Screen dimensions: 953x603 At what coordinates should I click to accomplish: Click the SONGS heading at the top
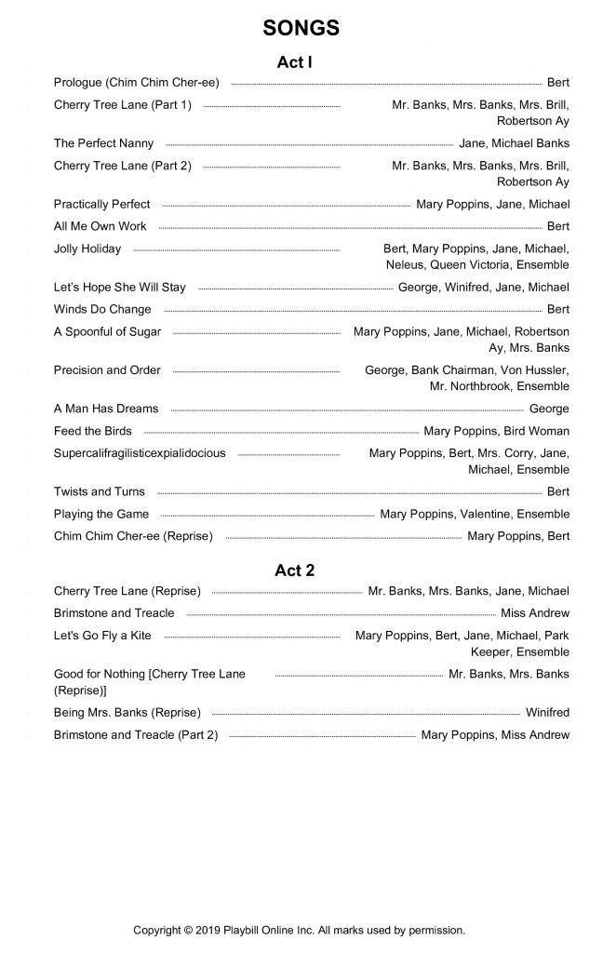[x=301, y=29]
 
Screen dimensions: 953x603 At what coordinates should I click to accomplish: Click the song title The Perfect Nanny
[x=103, y=143]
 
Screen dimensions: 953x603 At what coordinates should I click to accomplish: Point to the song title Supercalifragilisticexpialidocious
[x=140, y=453]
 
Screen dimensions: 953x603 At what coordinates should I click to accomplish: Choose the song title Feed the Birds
[x=93, y=431]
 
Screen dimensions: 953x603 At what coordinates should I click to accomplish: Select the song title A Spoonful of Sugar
[x=107, y=331]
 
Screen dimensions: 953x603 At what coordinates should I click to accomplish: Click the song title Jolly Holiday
[x=87, y=248]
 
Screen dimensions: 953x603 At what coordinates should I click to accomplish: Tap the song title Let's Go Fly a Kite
[x=102, y=636]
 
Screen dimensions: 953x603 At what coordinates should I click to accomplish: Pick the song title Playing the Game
[x=101, y=514]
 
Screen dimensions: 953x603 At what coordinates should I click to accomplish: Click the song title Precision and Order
[x=107, y=369]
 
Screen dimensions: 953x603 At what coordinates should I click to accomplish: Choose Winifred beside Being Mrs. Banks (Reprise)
[x=547, y=713]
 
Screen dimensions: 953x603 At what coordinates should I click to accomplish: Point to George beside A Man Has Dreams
[x=549, y=409]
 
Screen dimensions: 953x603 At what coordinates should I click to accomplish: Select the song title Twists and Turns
[x=100, y=491]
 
